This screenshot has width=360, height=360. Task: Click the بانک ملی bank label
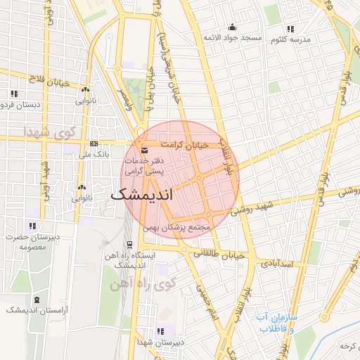pos(96,153)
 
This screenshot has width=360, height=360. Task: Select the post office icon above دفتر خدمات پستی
pos(144,150)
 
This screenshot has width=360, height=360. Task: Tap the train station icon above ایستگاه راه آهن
pos(129,245)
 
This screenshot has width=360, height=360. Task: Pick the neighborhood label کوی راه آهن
pos(139,285)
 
